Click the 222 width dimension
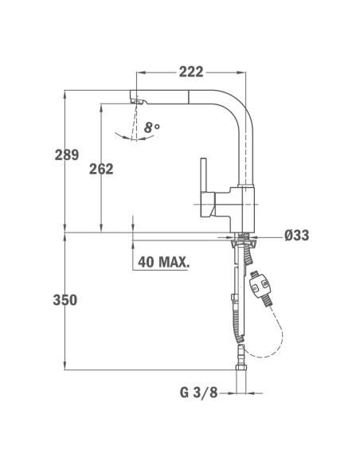click(191, 72)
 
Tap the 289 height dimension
click(67, 154)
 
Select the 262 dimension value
click(101, 169)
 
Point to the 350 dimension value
click(65, 300)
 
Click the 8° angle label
click(152, 127)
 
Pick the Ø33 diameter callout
click(297, 236)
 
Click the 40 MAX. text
click(163, 262)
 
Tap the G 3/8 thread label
click(198, 393)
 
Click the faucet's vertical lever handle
click(203, 175)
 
